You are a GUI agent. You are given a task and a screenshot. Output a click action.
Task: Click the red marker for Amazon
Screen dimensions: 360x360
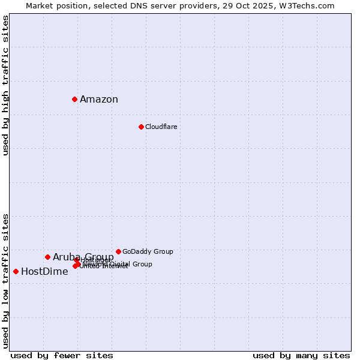[74, 99]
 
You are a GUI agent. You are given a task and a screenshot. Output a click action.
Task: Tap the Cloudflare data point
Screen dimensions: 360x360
[141, 127]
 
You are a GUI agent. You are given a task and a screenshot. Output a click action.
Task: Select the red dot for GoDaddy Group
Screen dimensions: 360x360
[118, 251]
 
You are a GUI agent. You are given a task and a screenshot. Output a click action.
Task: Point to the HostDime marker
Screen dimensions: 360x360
[16, 271]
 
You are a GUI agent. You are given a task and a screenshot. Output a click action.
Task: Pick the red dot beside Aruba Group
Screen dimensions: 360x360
[47, 257]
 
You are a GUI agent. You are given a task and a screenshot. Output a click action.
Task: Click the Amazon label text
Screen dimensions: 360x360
[99, 100]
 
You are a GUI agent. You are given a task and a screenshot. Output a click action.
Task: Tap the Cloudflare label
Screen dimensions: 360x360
[161, 127]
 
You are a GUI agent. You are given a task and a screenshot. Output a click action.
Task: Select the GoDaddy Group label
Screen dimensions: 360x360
[148, 251]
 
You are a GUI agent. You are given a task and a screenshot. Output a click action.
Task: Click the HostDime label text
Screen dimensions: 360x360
[44, 272]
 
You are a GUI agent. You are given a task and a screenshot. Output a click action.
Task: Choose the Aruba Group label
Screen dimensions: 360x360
[83, 257]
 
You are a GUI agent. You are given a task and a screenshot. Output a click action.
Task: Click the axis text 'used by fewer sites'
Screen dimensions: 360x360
[62, 356]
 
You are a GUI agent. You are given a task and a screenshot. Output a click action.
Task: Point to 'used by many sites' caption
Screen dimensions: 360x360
[301, 356]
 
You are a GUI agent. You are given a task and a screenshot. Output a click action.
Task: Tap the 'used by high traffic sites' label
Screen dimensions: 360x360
[6, 85]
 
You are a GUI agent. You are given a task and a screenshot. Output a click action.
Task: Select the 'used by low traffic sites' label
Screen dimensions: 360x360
[6, 280]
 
